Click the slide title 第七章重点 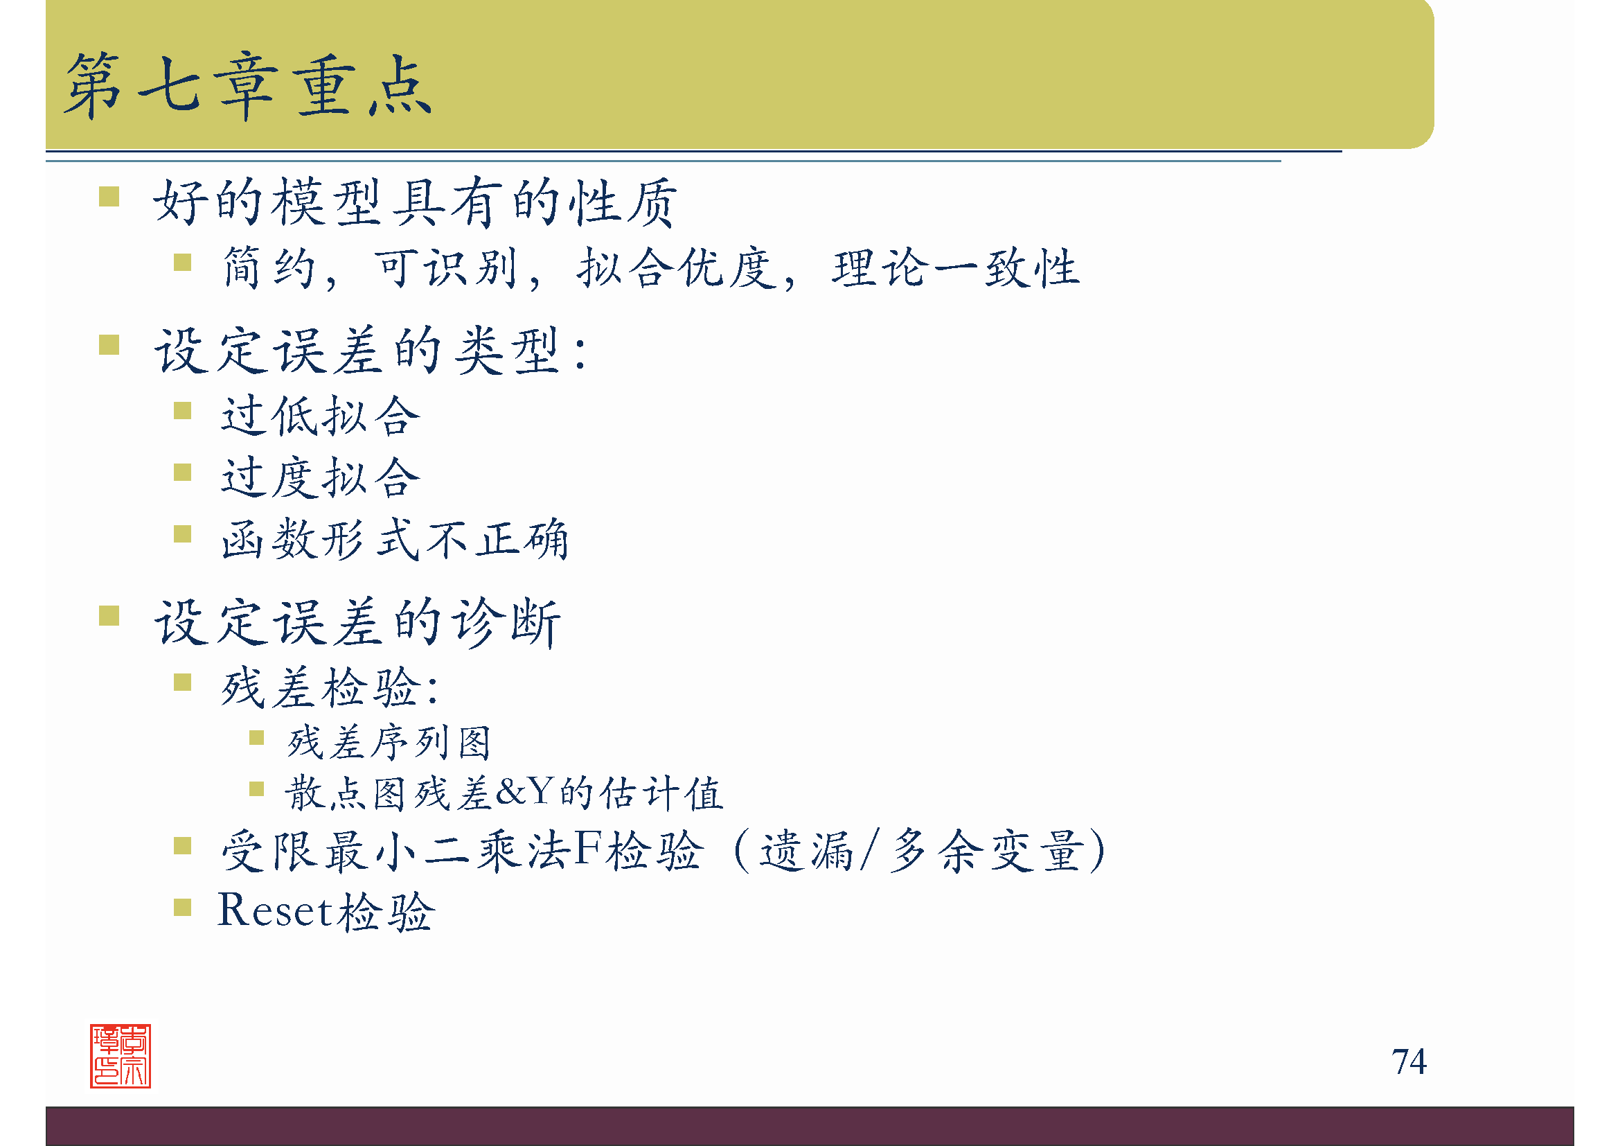click(248, 86)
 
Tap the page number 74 click(1408, 1061)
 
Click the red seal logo click(120, 1056)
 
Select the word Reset click(274, 910)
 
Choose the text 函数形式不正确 click(394, 539)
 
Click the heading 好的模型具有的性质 click(415, 202)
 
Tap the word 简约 click(269, 268)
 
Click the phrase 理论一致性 click(955, 268)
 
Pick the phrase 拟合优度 click(677, 268)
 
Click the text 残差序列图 click(389, 742)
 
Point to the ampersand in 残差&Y click(511, 792)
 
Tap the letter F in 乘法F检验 click(588, 849)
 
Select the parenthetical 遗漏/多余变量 click(920, 850)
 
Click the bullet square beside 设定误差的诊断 click(109, 616)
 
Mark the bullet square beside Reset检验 click(183, 907)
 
